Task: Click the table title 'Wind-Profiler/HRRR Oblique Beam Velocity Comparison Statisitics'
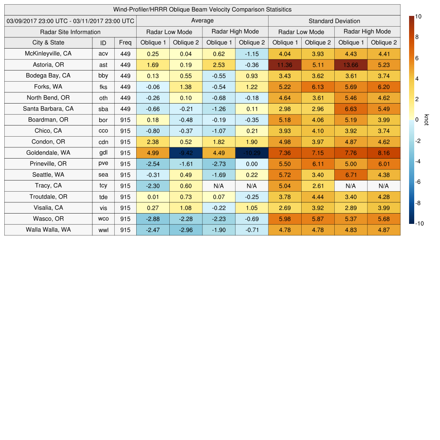[x=202, y=9]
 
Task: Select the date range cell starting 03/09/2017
[x=70, y=21]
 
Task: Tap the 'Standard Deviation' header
[x=334, y=21]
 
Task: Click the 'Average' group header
[x=202, y=21]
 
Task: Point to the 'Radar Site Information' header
[x=70, y=32]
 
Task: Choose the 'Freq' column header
[x=125, y=43]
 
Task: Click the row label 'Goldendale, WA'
[x=48, y=153]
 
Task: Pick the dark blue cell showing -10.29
[x=252, y=153]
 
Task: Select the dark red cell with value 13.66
[x=351, y=65]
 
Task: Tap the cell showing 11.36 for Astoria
[x=284, y=65]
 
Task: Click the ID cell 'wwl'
[x=103, y=230]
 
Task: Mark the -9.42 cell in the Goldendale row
[x=186, y=153]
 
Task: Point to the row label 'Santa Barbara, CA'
[x=48, y=109]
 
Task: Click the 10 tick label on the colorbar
[x=418, y=16]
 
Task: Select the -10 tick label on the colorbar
[x=419, y=223]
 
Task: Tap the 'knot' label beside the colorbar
[x=427, y=120]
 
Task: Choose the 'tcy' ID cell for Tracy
[x=103, y=186]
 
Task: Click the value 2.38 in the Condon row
[x=153, y=142]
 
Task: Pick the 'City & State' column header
[x=48, y=43]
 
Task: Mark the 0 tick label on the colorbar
[x=417, y=120]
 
